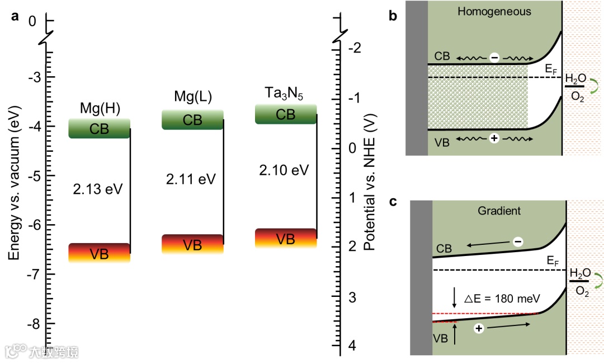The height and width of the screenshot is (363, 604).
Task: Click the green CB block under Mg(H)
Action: pyautogui.click(x=99, y=128)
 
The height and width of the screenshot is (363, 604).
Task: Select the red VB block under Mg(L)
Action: pyautogui.click(x=192, y=244)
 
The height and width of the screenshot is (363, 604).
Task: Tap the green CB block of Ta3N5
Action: pyautogui.click(x=286, y=114)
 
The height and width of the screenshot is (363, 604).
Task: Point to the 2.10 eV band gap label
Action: pyautogui.click(x=284, y=170)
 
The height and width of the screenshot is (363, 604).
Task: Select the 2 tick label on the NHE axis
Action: pyautogui.click(x=351, y=247)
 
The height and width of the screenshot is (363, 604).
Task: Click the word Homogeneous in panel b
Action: pyautogui.click(x=494, y=11)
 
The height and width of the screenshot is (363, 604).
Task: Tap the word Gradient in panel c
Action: pyautogui.click(x=499, y=211)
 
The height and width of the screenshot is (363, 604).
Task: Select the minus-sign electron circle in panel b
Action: pyautogui.click(x=494, y=57)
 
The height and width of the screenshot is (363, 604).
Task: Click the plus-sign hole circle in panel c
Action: pyautogui.click(x=479, y=329)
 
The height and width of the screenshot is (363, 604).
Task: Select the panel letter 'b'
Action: pyautogui.click(x=393, y=16)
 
